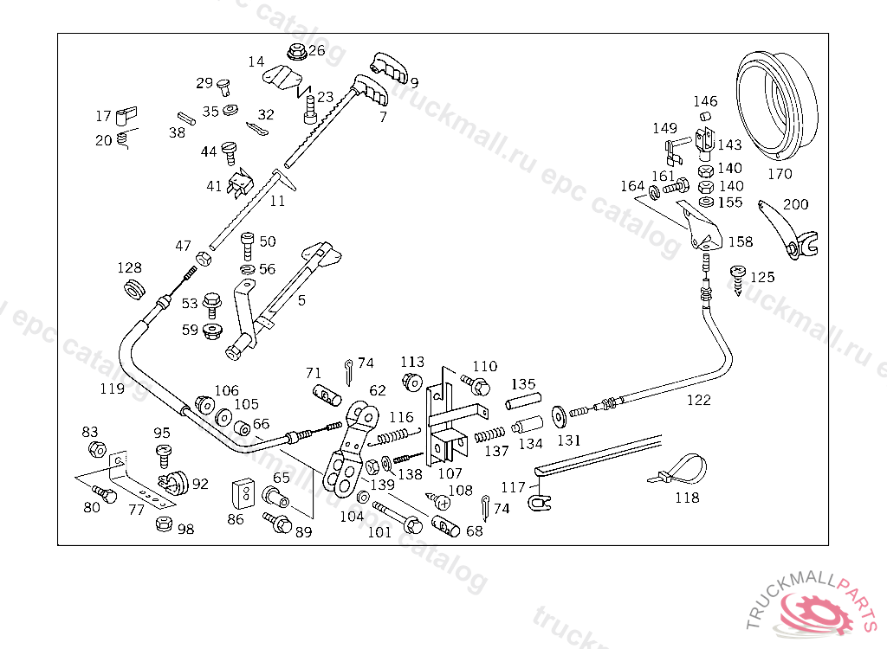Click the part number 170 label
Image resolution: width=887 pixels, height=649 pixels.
[780, 174]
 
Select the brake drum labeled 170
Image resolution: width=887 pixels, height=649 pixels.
[777, 106]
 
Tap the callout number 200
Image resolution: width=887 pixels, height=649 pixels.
[795, 204]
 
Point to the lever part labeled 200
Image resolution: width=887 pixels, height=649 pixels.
[788, 230]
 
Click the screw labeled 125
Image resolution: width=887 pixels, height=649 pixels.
[738, 280]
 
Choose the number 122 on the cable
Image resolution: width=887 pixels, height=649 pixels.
[699, 401]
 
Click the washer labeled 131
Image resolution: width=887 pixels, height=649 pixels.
[560, 416]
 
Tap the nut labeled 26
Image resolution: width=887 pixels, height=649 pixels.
[297, 52]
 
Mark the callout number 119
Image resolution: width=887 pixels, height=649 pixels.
[112, 389]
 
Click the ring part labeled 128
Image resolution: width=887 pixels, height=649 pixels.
[134, 288]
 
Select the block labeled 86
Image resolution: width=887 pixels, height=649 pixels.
[243, 493]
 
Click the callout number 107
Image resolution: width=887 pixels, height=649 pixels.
[450, 473]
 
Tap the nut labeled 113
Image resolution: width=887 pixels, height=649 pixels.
[411, 382]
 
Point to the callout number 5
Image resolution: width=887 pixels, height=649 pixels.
[301, 300]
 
